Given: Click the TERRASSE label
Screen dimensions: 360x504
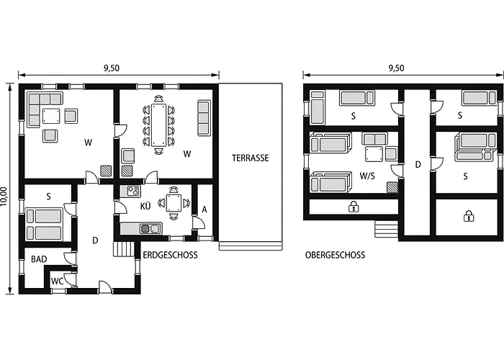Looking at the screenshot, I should click(x=251, y=158).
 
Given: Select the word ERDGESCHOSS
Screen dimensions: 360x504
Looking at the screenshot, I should click(x=170, y=255).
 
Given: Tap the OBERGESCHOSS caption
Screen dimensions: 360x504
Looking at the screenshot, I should click(x=335, y=255).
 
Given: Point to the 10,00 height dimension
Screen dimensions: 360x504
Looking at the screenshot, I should click(x=6, y=197).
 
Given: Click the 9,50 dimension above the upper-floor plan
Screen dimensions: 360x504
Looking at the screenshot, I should click(x=396, y=68).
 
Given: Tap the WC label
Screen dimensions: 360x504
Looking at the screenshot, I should click(x=57, y=282).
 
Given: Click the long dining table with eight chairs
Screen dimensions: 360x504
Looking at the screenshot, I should click(x=159, y=125).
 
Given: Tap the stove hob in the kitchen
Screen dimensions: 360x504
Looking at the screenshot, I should click(x=133, y=191).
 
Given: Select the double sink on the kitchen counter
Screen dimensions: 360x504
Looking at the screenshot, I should click(x=150, y=229).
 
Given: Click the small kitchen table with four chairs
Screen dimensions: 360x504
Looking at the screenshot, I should click(x=174, y=203).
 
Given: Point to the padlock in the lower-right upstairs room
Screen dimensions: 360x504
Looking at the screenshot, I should click(x=468, y=215).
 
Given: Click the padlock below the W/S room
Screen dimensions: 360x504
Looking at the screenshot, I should click(x=354, y=207).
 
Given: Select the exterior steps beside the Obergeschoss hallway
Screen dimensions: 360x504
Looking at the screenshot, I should click(x=386, y=229).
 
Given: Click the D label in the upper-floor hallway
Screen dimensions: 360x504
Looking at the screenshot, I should click(x=418, y=165).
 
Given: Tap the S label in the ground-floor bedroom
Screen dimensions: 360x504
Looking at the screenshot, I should click(x=48, y=196).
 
